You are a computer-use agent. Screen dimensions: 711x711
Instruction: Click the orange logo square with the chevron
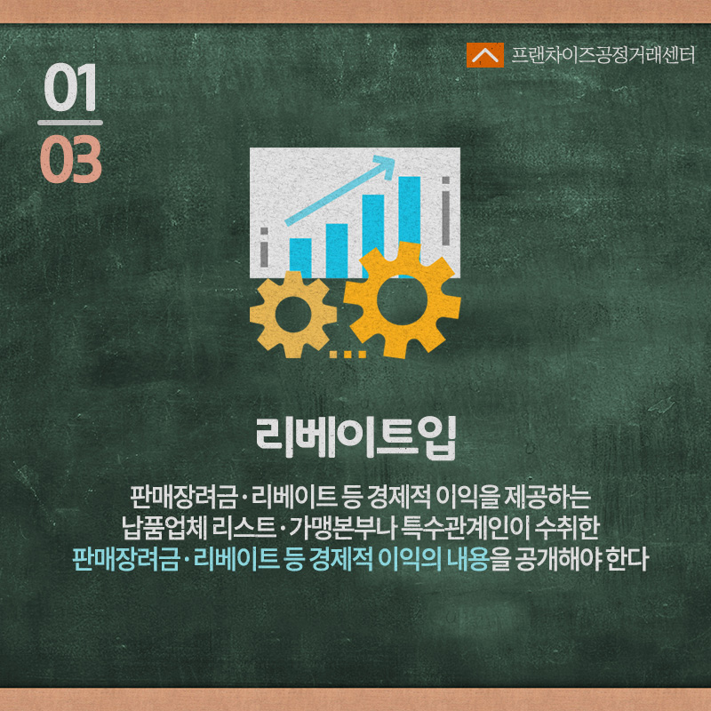[484, 55]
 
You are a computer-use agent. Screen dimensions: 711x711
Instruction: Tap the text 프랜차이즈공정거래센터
[603, 55]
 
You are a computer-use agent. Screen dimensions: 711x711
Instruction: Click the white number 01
[70, 87]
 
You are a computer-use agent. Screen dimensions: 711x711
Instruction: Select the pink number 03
[71, 159]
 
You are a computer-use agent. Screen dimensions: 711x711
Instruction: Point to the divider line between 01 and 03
[70, 123]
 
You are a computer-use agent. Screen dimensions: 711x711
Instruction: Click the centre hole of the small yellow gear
[293, 315]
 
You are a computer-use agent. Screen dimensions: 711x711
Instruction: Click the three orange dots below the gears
[348, 355]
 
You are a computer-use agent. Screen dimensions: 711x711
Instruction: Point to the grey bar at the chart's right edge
[446, 211]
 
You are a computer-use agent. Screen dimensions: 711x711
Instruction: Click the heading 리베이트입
[355, 438]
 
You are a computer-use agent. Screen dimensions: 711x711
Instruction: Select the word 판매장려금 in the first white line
[183, 498]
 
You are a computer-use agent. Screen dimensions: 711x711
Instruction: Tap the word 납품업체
[164, 528]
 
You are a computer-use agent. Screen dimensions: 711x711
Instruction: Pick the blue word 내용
[468, 559]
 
